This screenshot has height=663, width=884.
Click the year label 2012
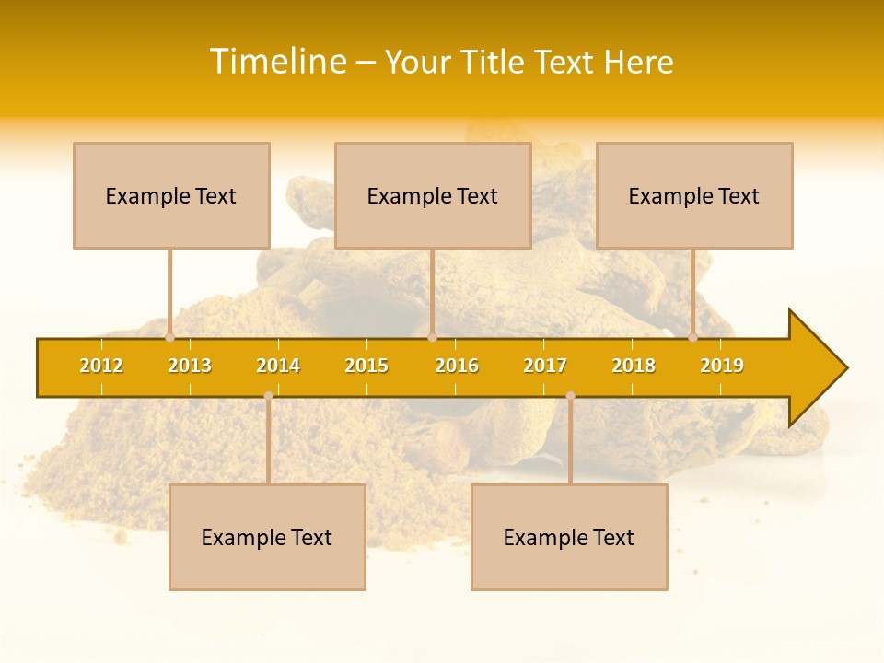[101, 366]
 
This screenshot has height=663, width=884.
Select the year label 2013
[190, 366]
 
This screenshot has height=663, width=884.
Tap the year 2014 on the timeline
[278, 366]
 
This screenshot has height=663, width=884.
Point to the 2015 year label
[366, 366]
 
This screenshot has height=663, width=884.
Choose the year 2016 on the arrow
[457, 366]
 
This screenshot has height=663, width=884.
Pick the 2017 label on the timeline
[545, 366]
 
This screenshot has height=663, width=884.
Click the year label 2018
[634, 366]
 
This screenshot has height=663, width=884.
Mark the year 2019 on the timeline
[722, 366]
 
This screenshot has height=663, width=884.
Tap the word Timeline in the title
[277, 62]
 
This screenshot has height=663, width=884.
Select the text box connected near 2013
[171, 195]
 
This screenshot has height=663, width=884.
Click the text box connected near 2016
[433, 195]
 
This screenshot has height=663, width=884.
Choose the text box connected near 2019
[694, 195]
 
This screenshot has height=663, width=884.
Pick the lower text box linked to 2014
[267, 537]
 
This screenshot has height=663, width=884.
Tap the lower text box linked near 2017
[569, 537]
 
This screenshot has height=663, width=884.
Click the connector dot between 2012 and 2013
[169, 337]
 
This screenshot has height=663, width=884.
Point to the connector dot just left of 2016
[432, 337]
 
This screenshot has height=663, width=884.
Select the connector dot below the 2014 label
[268, 396]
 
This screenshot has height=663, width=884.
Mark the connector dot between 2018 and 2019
[693, 337]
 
